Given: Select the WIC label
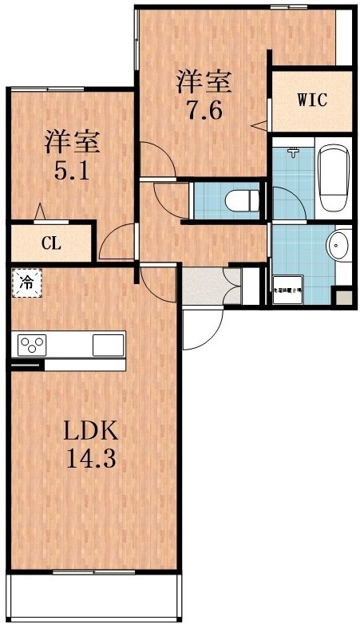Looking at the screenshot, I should pos(312,101).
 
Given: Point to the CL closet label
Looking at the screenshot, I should pos(51,243).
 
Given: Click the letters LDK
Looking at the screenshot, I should pos(91,432).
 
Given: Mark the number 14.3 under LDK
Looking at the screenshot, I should pos(91,460).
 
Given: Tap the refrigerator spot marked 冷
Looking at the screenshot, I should pos(26,282).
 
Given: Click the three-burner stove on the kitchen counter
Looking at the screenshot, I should pos(33,346).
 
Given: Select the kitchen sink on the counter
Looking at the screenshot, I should pos(109,346).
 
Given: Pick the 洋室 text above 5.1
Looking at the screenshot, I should pos(71,142).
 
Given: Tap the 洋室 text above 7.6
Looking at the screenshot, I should pos(204,81).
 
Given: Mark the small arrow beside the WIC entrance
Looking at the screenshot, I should pos(259,124).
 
